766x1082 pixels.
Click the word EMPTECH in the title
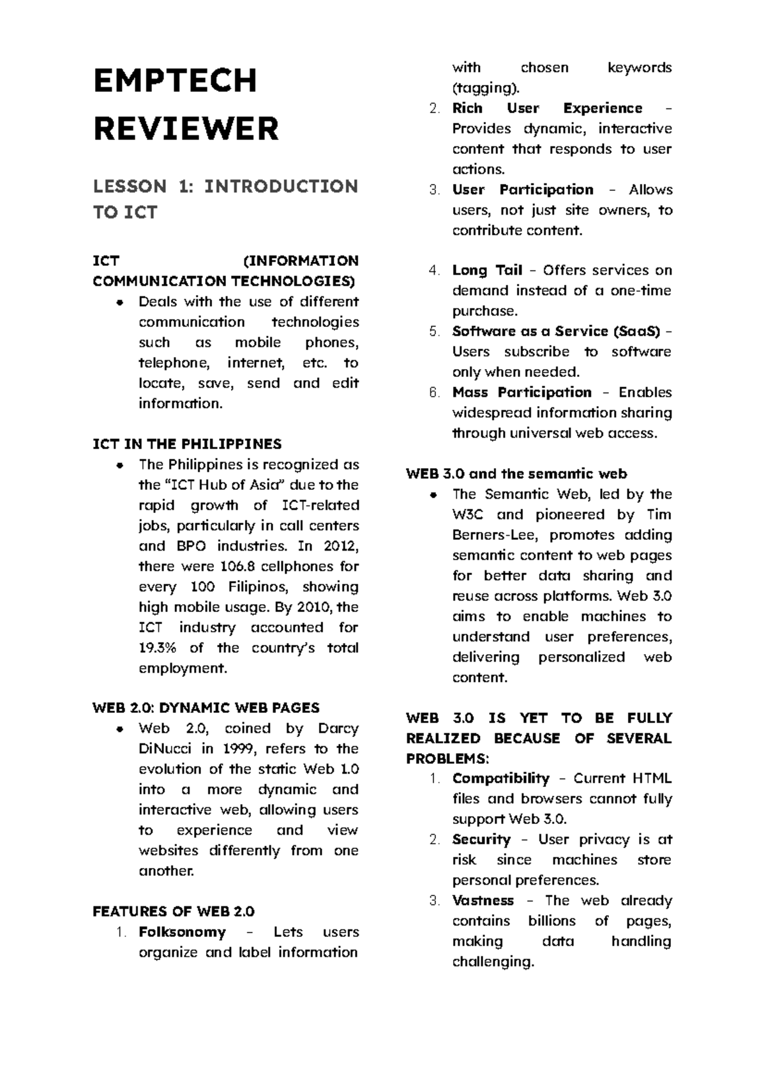(x=175, y=81)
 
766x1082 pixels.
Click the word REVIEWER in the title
(x=186, y=129)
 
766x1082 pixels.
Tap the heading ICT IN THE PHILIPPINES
(x=187, y=444)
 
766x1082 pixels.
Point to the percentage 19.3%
(x=157, y=648)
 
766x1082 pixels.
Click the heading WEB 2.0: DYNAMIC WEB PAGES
(x=206, y=708)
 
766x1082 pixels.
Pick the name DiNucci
(x=164, y=749)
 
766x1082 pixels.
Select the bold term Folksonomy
(x=182, y=932)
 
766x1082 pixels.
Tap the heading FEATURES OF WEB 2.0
(x=173, y=911)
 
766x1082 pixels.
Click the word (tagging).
(x=486, y=88)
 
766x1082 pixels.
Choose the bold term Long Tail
(x=487, y=270)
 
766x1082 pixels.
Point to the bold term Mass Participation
(x=522, y=392)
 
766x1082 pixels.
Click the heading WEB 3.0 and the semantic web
(x=516, y=474)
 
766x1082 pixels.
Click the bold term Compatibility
(x=500, y=779)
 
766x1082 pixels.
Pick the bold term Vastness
(x=483, y=901)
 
